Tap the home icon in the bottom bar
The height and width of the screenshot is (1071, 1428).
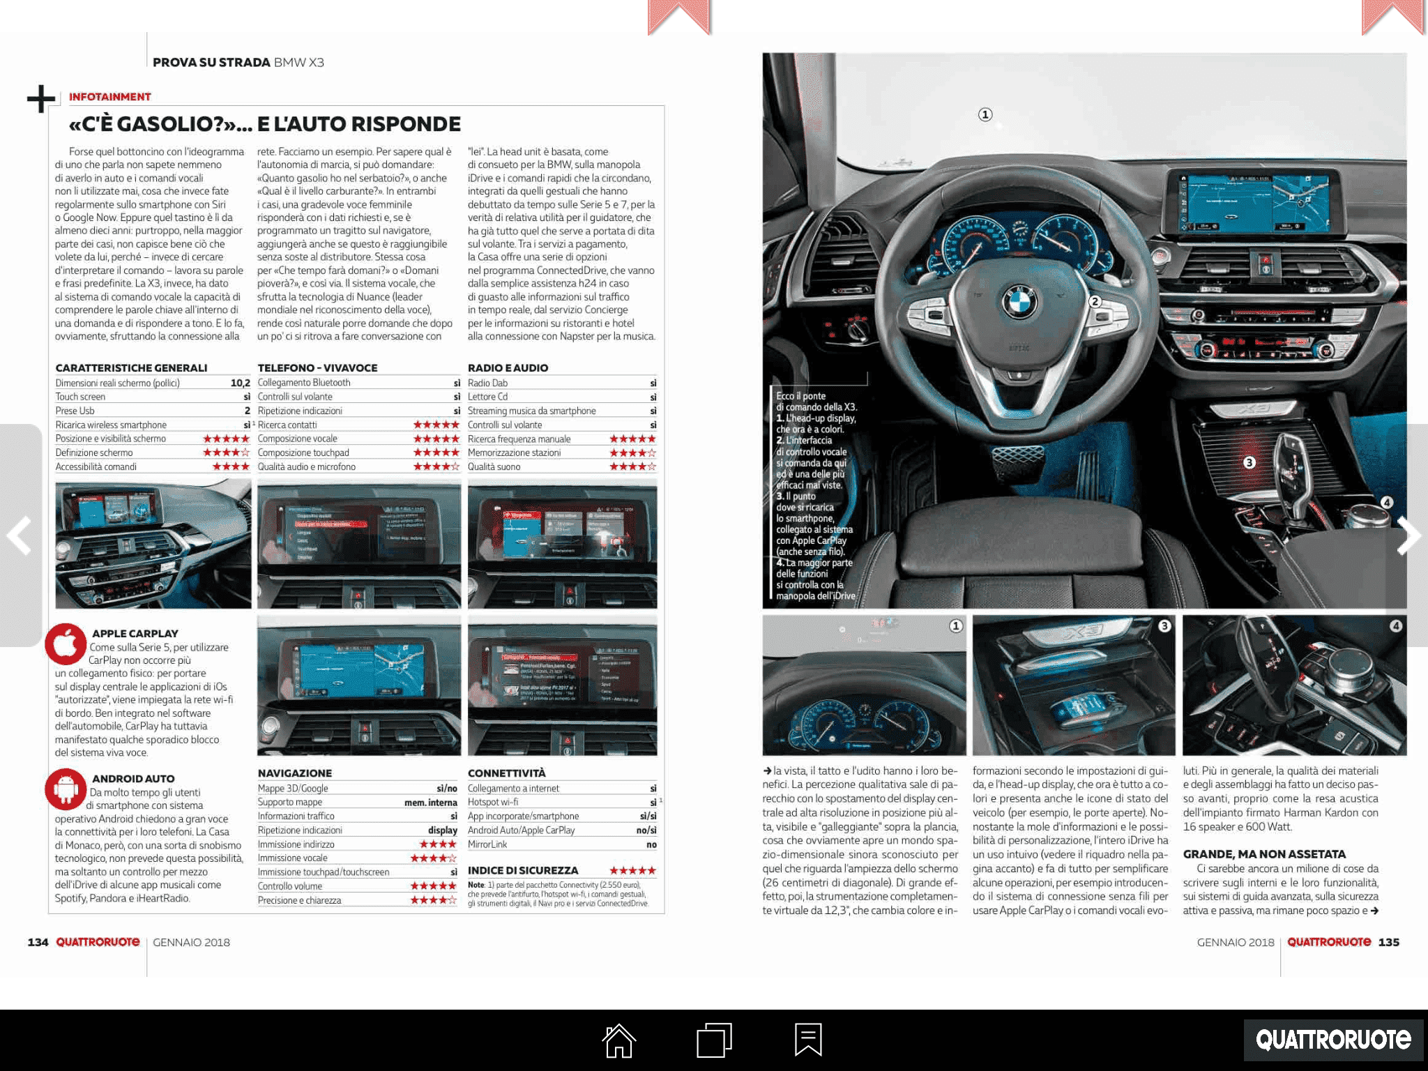619,1040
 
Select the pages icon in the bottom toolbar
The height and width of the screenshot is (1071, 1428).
714,1040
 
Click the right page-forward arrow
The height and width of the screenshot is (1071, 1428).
1409,535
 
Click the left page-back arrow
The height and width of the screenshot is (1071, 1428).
19,535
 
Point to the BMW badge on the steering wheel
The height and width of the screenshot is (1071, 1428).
1019,303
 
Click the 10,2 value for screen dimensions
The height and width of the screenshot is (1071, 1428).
240,383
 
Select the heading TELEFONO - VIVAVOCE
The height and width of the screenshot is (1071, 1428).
317,367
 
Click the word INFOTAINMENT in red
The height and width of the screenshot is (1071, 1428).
109,97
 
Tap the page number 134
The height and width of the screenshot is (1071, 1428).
38,942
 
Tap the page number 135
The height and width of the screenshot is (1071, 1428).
1388,942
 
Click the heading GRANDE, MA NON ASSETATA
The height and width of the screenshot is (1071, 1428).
1264,854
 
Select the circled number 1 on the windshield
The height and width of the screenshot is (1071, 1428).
985,114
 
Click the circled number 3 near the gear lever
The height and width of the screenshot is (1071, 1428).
1249,462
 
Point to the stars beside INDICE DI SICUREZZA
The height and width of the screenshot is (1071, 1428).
632,870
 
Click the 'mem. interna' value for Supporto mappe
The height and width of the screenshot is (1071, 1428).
430,803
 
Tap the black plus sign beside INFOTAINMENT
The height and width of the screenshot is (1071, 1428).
41,98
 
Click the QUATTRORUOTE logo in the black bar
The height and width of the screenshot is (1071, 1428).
1333,1040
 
